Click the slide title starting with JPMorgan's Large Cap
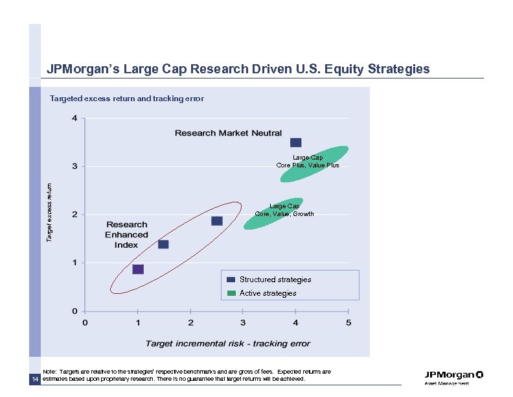[x=238, y=69]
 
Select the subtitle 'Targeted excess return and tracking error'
[x=127, y=99]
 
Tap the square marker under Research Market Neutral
[x=295, y=143]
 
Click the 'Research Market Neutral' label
[x=228, y=133]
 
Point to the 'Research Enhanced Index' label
[x=126, y=235]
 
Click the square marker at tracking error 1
[x=138, y=269]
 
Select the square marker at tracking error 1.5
[x=163, y=245]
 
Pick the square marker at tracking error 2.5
[x=217, y=221]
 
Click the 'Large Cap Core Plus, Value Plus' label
[x=308, y=161]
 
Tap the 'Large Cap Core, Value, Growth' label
[x=284, y=210]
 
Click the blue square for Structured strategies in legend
[x=231, y=280]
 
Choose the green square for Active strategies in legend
[x=231, y=293]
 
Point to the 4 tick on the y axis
[x=74, y=119]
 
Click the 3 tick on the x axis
[x=243, y=322]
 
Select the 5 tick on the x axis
[x=348, y=322]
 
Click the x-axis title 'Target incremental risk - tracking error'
[x=227, y=343]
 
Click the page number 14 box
[x=34, y=379]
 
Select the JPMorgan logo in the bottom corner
[x=453, y=377]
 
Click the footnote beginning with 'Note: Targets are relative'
[x=187, y=375]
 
